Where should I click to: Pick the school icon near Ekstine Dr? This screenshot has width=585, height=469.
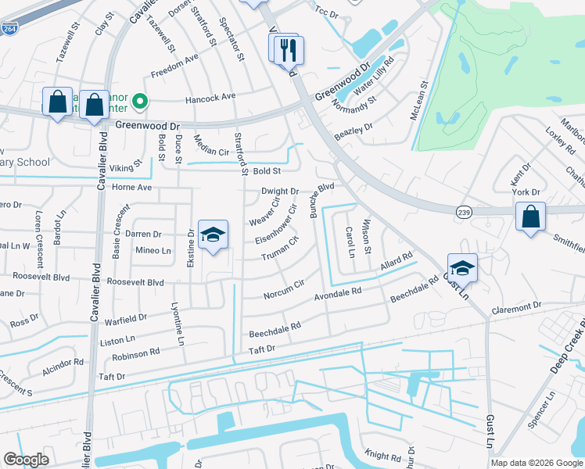pos(212,234)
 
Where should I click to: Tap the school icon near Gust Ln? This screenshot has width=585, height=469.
pos(462,267)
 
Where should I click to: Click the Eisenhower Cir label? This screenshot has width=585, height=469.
pos(282,224)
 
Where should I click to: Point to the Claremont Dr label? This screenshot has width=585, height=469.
pos(516,307)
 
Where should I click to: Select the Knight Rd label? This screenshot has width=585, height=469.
pos(383,455)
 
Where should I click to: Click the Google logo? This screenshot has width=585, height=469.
pos(27,460)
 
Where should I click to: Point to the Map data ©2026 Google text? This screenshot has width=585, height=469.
pos(536,463)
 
